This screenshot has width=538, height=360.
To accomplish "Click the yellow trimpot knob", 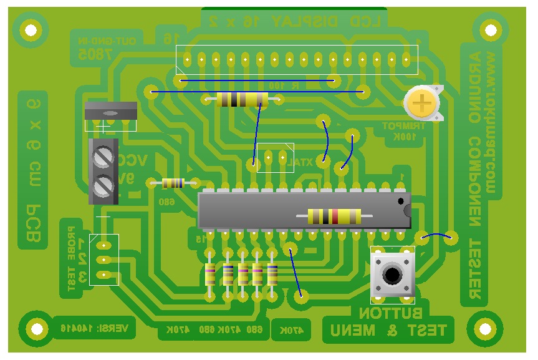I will [423, 102].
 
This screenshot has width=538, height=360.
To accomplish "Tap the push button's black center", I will [392, 274].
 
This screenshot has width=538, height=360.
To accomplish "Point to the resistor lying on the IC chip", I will [334, 216].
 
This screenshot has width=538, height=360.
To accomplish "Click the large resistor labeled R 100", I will [242, 99].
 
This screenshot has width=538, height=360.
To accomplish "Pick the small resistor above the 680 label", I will [173, 183].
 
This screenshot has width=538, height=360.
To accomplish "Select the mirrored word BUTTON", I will [391, 313].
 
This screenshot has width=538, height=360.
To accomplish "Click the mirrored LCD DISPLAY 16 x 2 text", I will [295, 21].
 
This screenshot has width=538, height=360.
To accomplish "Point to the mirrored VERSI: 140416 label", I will [94, 327].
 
